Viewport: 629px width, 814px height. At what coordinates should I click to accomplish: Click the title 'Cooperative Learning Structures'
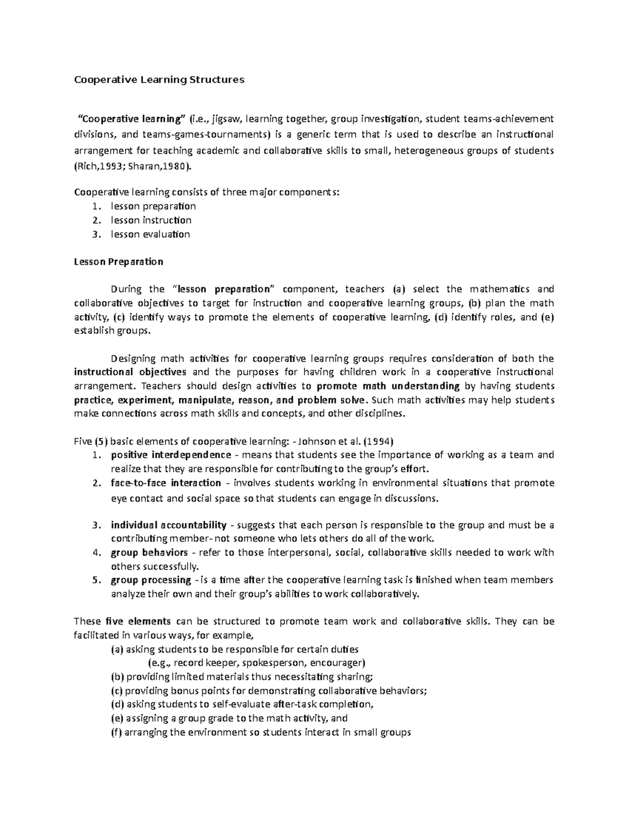159,80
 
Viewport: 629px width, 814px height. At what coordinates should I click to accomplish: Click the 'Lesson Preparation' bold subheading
118,262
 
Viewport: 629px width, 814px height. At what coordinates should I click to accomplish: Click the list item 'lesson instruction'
151,220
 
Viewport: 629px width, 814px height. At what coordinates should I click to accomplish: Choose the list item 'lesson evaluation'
150,234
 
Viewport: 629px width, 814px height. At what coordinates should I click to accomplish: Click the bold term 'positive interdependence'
171,454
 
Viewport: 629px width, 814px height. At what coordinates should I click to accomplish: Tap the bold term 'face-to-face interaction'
166,483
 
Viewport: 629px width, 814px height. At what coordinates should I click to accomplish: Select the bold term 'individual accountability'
168,525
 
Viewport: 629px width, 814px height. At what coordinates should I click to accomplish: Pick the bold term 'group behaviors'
149,552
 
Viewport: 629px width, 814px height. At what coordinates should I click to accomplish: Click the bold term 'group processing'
151,580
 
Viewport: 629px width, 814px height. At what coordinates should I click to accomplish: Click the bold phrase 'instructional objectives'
131,372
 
